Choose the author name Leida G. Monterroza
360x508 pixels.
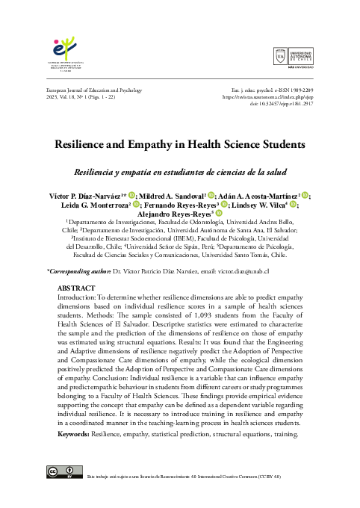94,205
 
